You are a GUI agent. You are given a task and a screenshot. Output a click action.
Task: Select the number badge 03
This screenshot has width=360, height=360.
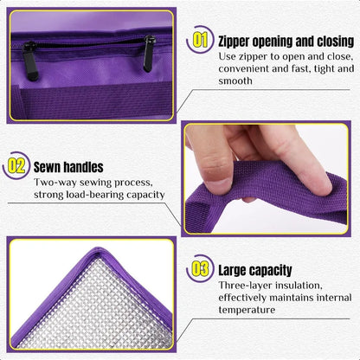tap(200, 269)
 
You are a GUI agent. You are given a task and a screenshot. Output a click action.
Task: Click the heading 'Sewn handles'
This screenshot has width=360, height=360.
tap(68, 166)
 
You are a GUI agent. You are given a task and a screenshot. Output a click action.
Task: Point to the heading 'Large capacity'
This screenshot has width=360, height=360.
tap(254, 270)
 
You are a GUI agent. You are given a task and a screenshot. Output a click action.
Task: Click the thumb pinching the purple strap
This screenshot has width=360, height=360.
tap(294, 160)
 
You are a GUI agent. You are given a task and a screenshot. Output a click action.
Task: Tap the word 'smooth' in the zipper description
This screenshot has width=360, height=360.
tap(235, 80)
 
